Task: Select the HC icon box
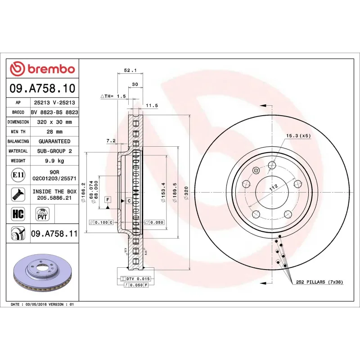click(18, 213)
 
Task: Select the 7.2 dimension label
click(111, 141)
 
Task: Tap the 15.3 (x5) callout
click(298, 135)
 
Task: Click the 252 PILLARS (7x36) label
click(319, 282)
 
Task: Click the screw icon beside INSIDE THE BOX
click(18, 194)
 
